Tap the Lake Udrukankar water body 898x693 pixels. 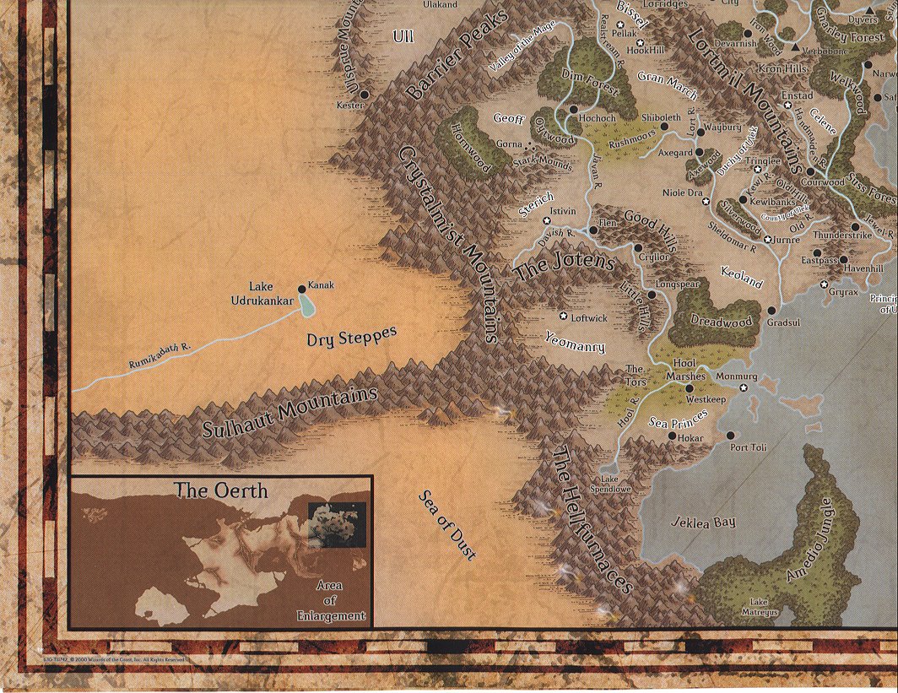[306, 306]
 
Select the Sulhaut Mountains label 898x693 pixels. [289, 414]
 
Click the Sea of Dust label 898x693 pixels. [447, 524]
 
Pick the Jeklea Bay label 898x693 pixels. [703, 522]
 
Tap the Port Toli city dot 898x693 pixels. [731, 436]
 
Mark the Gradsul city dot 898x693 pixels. [771, 309]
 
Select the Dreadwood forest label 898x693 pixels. [721, 322]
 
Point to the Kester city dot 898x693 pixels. [365, 94]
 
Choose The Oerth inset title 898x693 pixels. [220, 490]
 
